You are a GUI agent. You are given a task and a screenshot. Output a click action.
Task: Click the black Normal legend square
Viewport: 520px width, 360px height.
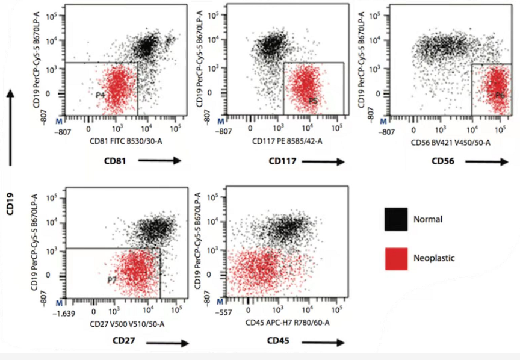click(x=396, y=220)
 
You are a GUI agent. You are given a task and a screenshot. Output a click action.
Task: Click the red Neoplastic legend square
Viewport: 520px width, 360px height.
click(x=396, y=258)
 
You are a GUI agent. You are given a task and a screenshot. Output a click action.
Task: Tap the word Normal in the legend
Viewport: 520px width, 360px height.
click(x=428, y=219)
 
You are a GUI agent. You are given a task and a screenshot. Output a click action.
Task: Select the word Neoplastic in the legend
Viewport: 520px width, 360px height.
click(x=435, y=258)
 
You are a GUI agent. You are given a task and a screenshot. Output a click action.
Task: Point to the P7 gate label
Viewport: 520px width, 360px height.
click(x=112, y=281)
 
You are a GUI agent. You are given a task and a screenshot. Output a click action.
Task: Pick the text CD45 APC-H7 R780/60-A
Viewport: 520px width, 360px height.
click(x=285, y=324)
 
